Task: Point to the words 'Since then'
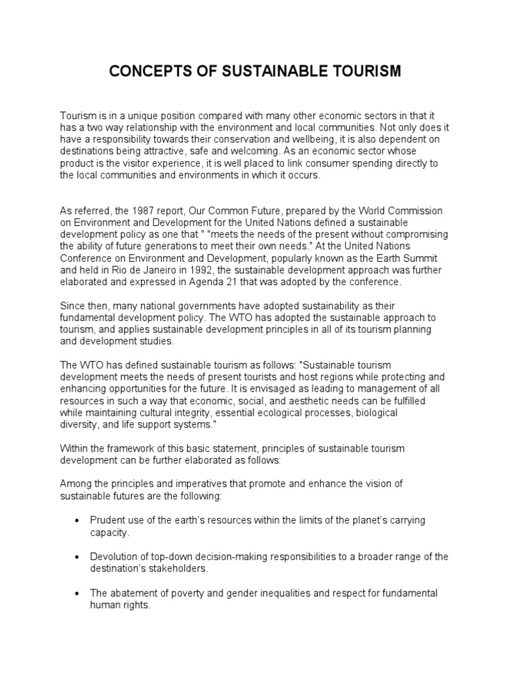pos(84,306)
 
